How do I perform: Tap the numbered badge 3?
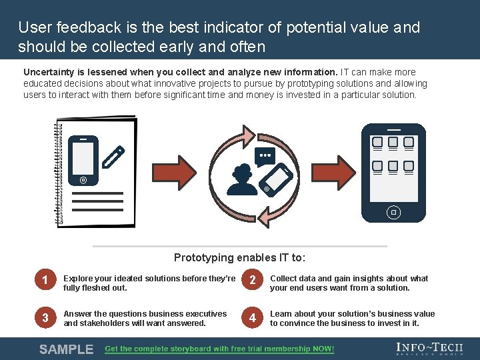click(45, 318)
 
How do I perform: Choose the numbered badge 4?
click(252, 318)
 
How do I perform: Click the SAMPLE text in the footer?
click(66, 349)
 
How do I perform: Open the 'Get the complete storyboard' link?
click(219, 349)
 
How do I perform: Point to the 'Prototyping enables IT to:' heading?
click(239, 257)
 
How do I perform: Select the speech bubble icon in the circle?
click(265, 156)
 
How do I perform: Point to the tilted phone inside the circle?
click(275, 179)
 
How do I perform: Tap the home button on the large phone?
click(393, 212)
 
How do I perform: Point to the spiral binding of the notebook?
click(58, 173)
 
